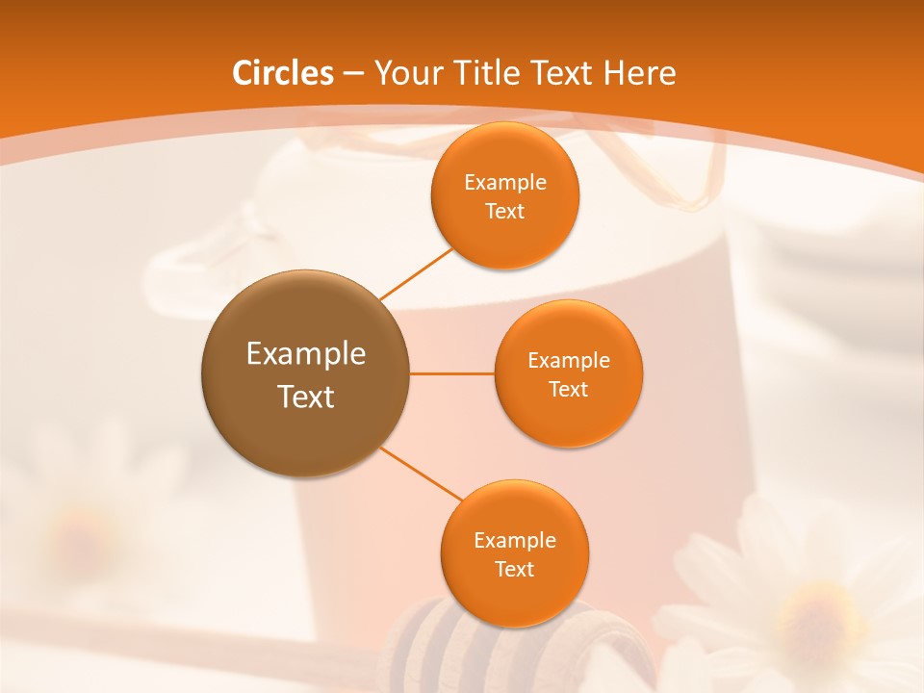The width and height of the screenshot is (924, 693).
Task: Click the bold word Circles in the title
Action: coord(283,73)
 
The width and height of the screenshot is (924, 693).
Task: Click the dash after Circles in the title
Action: coord(353,74)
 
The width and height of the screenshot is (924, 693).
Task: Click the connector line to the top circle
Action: coord(417,275)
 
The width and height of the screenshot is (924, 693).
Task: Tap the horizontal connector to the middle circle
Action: coord(451,373)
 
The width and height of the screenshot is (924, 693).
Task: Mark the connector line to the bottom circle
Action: coord(422,474)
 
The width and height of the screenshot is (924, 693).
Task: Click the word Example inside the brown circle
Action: coord(305,354)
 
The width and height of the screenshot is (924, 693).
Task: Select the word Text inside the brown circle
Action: coord(305,397)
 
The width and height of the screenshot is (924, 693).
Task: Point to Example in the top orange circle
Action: coord(504,182)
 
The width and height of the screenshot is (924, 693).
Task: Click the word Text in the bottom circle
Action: coord(514,569)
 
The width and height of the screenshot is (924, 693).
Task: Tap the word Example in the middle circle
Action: coord(568,360)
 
